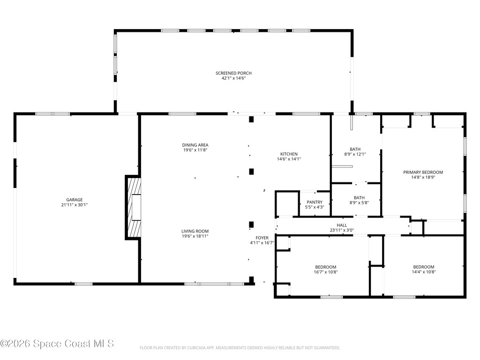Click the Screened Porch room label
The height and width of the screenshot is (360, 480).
[233, 73]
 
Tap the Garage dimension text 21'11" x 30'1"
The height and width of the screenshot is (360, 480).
[74, 205]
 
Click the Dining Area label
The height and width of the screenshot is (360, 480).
[195, 145]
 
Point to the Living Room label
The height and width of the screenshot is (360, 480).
[195, 231]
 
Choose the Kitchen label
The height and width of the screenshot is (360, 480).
[289, 154]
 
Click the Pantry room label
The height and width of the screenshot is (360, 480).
[315, 202]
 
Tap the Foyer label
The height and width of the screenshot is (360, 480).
[262, 238]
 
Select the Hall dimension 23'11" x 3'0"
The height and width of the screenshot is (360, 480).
[342, 231]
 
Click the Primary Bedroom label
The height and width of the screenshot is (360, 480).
[423, 172]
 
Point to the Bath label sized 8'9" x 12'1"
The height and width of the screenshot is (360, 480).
[355, 149]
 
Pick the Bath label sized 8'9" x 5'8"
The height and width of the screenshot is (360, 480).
[359, 198]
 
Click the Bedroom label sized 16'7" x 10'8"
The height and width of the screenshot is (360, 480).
[325, 267]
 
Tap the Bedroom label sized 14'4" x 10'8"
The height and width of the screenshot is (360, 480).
[423, 267]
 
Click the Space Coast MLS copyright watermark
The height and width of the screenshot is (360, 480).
[57, 344]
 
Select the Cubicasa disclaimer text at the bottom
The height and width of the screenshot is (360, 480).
[240, 348]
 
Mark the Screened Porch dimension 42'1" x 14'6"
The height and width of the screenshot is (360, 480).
[233, 78]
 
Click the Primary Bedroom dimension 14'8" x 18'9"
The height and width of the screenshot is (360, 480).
[423, 177]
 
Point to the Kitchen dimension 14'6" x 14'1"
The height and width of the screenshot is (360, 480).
[289, 159]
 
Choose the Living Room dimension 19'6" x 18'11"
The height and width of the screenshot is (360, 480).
[195, 236]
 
